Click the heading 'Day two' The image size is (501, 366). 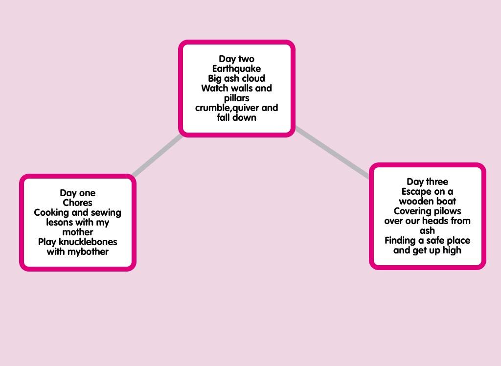click(x=236, y=59)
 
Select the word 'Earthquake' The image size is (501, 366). click(x=236, y=69)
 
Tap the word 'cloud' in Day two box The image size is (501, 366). click(x=253, y=78)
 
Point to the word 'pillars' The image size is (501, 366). click(x=236, y=98)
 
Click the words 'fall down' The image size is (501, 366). click(x=236, y=117)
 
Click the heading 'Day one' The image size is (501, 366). click(x=77, y=193)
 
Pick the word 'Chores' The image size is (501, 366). click(x=77, y=203)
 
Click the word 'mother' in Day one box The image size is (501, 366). click(x=77, y=232)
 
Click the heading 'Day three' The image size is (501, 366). click(x=427, y=182)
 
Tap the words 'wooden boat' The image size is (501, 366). click(x=427, y=201)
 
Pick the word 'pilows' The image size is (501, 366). click(x=446, y=211)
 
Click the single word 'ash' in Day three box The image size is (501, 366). click(x=427, y=230)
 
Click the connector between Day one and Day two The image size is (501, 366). click(x=158, y=155)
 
